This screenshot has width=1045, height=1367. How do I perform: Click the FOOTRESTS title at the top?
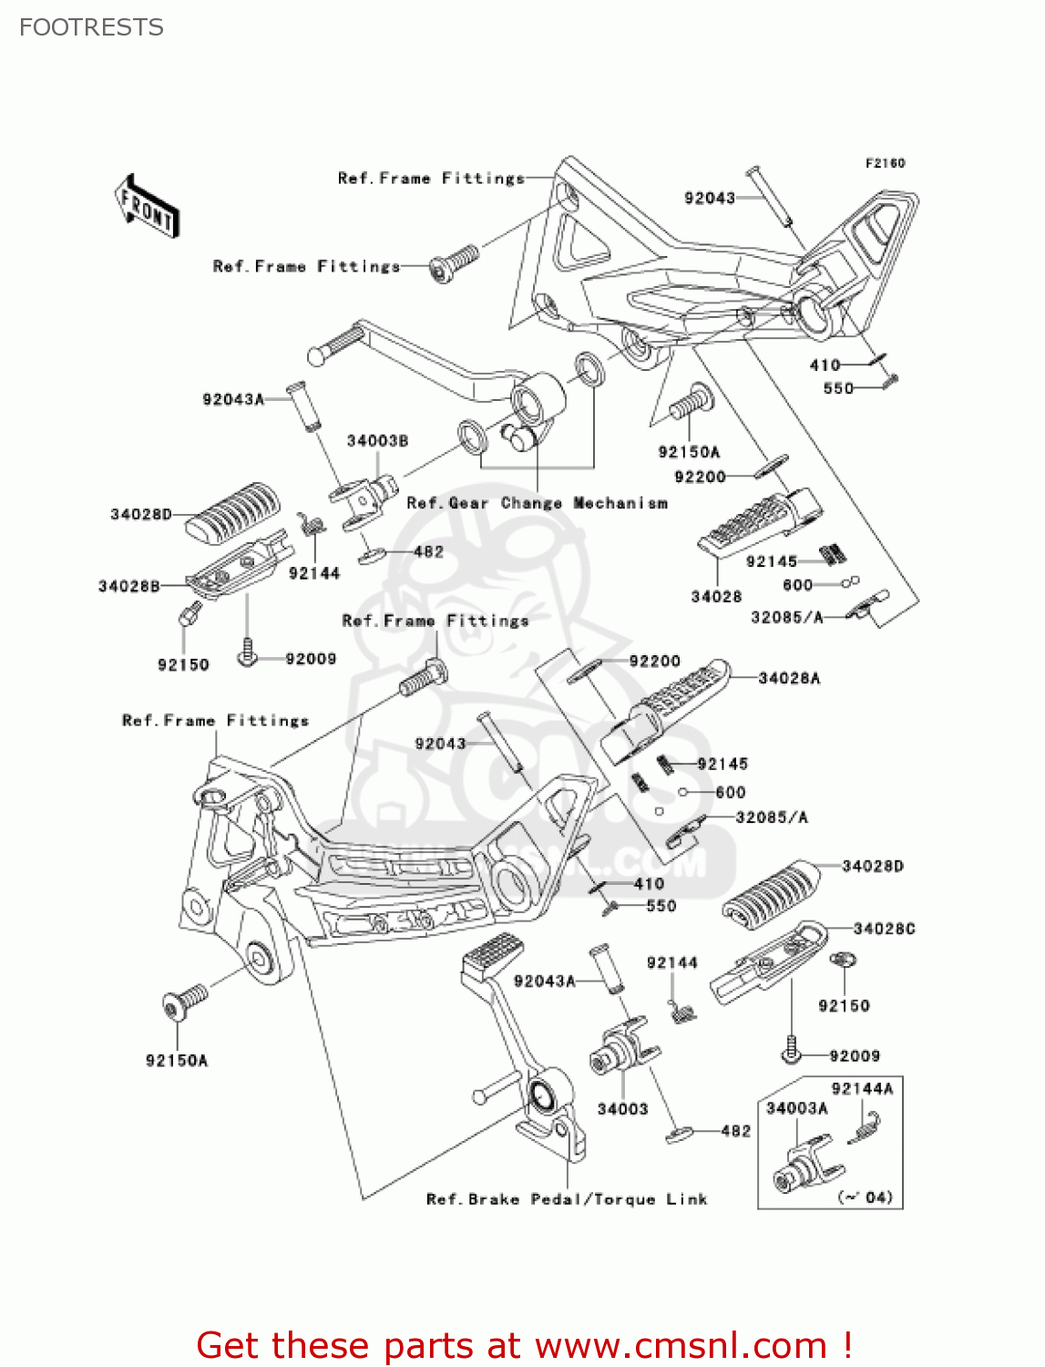[91, 27]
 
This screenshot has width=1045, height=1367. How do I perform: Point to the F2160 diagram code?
[885, 163]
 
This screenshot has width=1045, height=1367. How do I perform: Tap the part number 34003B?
[377, 441]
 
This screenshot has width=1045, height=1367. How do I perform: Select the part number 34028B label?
[128, 586]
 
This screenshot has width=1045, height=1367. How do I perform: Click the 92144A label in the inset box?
[862, 1088]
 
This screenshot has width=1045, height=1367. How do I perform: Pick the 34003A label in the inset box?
[796, 1108]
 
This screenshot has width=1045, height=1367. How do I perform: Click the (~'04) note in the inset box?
[865, 1197]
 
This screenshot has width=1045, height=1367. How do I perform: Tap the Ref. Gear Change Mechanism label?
[537, 503]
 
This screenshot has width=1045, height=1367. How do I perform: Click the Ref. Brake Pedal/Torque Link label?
[567, 1199]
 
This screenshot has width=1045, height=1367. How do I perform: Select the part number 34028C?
[884, 929]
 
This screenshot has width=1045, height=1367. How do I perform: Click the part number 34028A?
[789, 678]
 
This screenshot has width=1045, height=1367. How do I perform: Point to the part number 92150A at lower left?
[177, 1061]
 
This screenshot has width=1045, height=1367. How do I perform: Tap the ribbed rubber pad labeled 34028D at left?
[232, 514]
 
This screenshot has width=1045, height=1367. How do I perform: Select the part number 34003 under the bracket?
[622, 1109]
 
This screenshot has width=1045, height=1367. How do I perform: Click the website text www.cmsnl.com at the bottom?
[681, 1345]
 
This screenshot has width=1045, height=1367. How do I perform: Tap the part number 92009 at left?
[311, 659]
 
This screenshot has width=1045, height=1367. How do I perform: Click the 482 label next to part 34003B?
[428, 552]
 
